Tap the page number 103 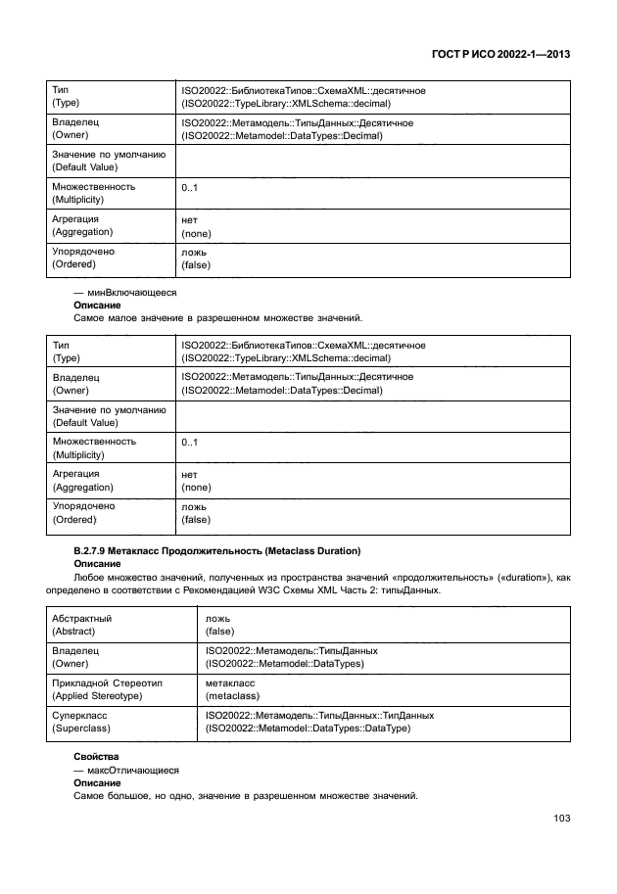pyautogui.click(x=560, y=819)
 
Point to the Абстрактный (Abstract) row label pyautogui.click(x=81, y=625)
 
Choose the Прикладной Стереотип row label pyautogui.click(x=109, y=688)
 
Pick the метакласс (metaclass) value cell pyautogui.click(x=233, y=688)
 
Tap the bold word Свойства pyautogui.click(x=95, y=758)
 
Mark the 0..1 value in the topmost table pyautogui.click(x=190, y=187)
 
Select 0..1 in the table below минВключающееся pyautogui.click(x=190, y=442)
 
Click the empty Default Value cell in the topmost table pyautogui.click(x=372, y=161)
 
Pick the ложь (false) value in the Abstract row pyautogui.click(x=219, y=625)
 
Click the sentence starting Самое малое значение pyautogui.click(x=218, y=318)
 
